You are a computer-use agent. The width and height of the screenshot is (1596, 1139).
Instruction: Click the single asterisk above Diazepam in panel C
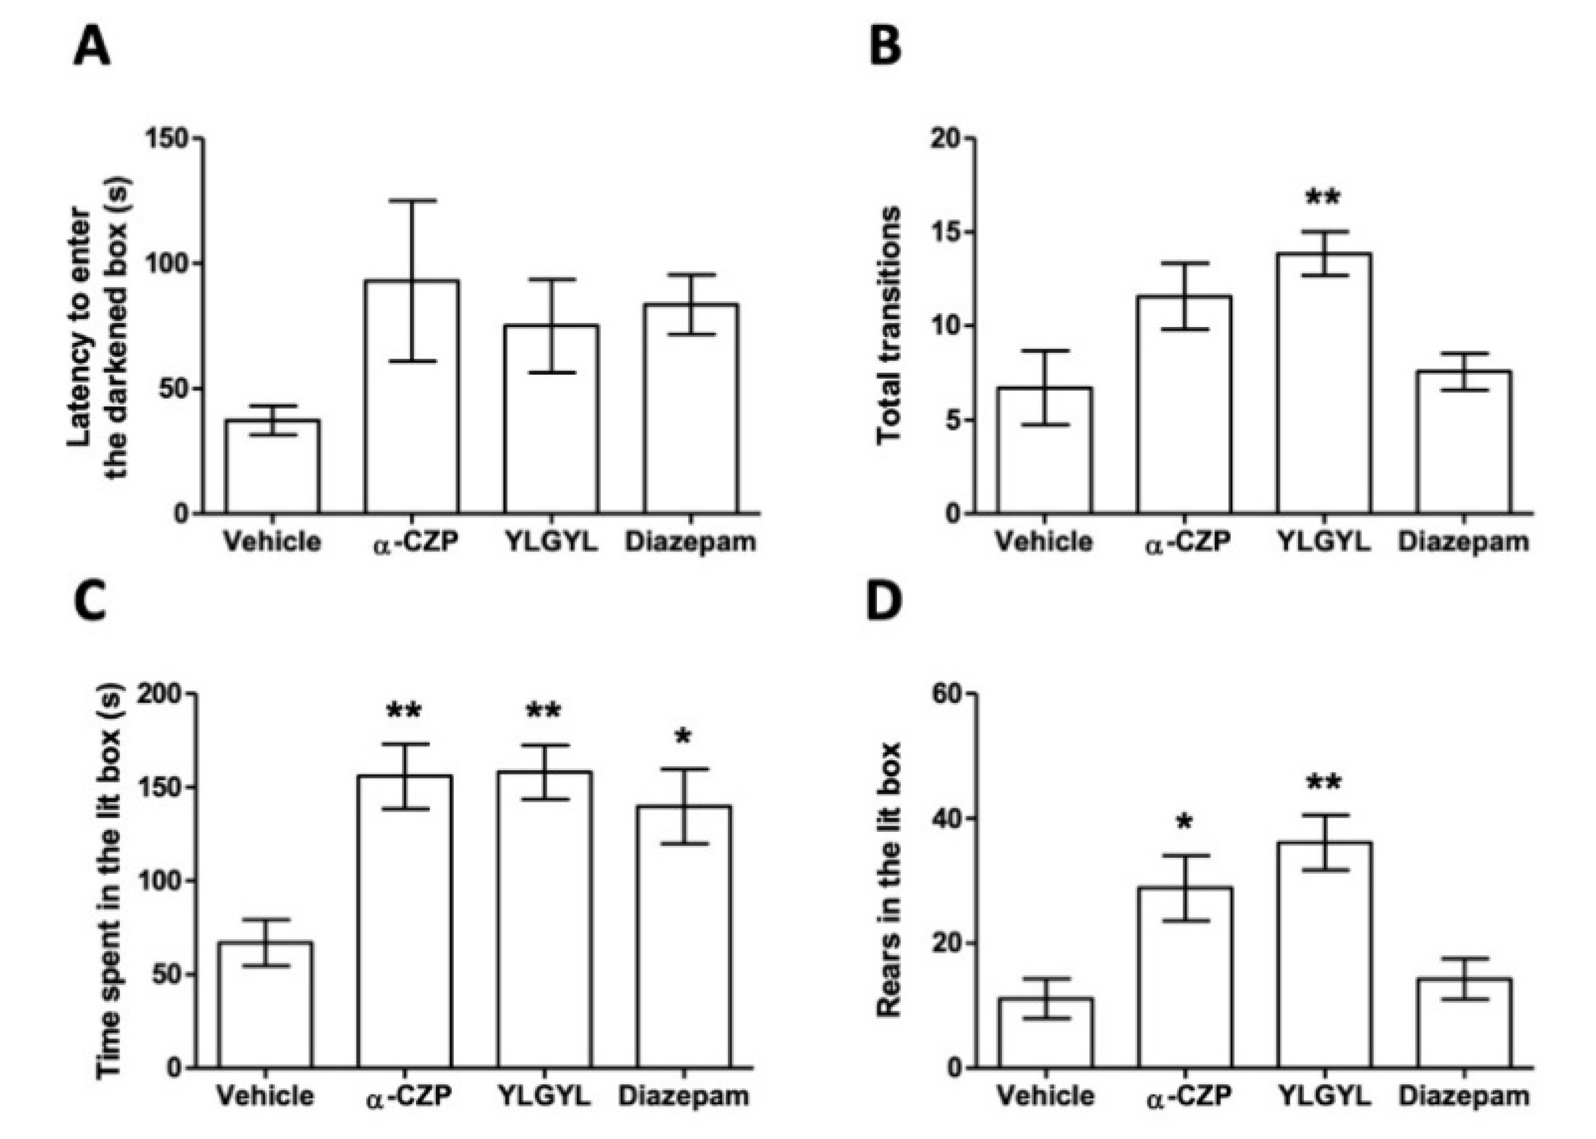coord(683,738)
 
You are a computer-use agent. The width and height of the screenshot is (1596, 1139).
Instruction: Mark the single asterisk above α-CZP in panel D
coord(1185,823)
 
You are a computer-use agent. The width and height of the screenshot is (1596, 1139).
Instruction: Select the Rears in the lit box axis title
coord(888,880)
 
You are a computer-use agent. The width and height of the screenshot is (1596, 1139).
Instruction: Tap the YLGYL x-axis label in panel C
coord(545,1096)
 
